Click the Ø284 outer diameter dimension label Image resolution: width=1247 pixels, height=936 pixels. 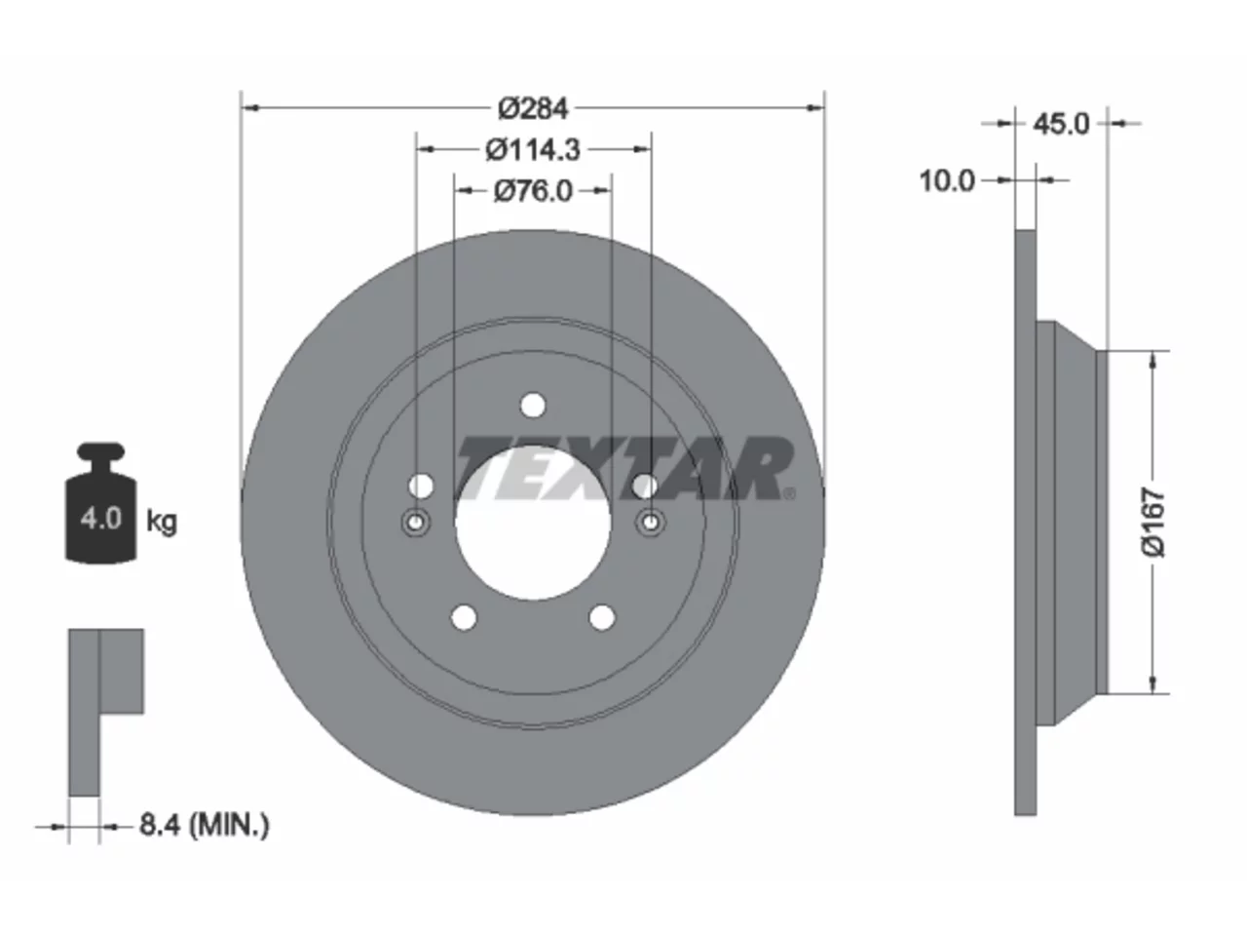(532, 108)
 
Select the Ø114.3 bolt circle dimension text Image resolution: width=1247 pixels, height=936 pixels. (533, 150)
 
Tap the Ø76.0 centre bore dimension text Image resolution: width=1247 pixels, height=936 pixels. (533, 191)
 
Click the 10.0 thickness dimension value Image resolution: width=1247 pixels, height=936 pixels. (947, 181)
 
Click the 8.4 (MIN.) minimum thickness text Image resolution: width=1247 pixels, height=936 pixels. (205, 825)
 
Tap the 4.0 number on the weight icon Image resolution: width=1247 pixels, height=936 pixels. (101, 519)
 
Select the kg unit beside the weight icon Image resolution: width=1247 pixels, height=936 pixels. (162, 522)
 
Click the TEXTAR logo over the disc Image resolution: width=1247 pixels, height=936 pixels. (624, 468)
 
